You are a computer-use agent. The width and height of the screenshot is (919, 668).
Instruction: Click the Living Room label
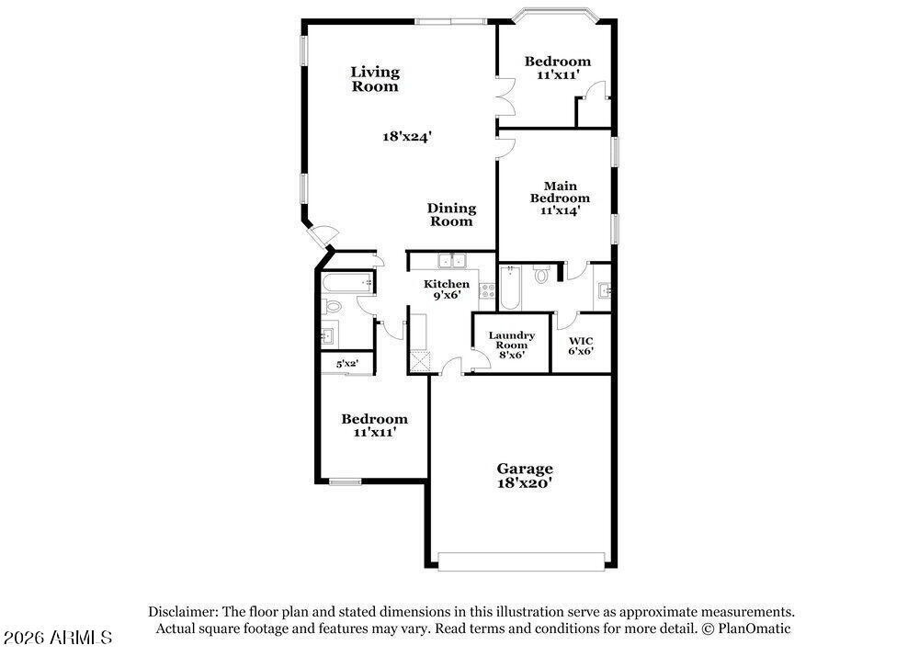point(375,79)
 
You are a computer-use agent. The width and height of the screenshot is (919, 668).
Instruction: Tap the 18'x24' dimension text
point(407,136)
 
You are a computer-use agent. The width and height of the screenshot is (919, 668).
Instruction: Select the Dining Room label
point(451,214)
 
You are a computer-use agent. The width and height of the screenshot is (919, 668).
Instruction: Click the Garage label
point(525,468)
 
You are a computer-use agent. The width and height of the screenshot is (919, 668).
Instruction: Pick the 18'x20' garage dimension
point(525,482)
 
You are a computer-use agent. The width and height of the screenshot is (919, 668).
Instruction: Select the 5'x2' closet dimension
point(346,364)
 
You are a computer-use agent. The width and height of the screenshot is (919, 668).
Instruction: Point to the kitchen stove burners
point(486,288)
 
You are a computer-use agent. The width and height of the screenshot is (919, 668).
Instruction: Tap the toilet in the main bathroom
point(540,274)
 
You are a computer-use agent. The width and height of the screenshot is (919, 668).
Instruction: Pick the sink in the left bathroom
point(328,334)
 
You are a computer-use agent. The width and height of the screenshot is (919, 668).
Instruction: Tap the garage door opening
point(522,560)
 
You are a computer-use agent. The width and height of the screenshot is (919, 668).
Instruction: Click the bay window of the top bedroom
point(555,16)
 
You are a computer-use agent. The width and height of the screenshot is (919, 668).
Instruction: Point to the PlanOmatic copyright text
point(746,628)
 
